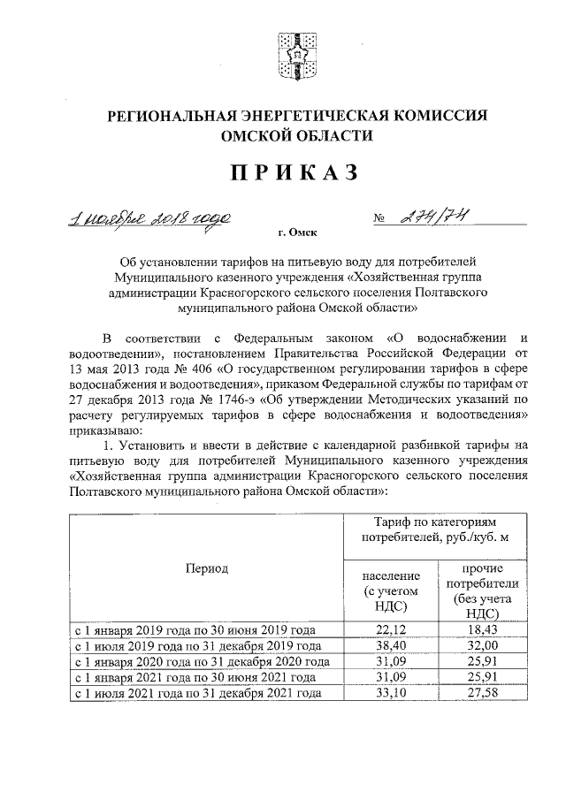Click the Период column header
tap(206, 568)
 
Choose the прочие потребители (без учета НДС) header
tap(482, 590)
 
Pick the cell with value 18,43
tap(482, 629)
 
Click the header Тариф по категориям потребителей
tap(433, 531)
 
